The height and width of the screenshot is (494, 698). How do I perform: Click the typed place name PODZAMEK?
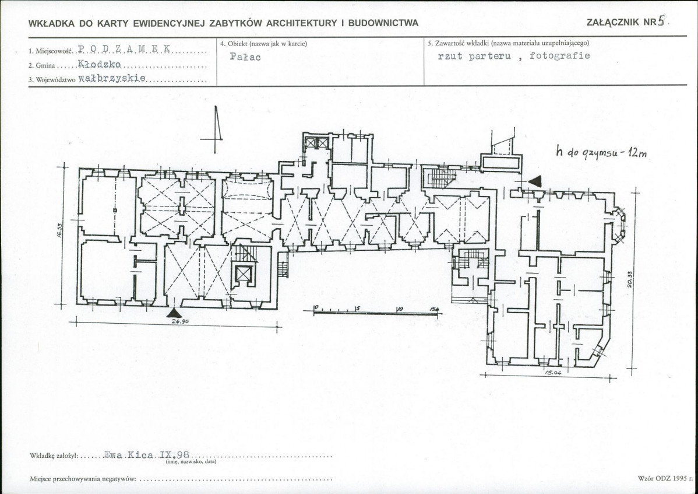click(124, 49)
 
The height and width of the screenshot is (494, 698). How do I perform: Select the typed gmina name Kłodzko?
click(99, 64)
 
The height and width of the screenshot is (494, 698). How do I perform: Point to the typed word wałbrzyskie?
click(112, 78)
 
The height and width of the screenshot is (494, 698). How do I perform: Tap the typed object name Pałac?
click(245, 57)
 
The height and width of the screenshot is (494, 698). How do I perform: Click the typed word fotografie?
click(559, 55)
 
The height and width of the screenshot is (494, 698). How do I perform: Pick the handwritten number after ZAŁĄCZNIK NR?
click(661, 20)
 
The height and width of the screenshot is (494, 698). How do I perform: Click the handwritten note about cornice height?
click(601, 152)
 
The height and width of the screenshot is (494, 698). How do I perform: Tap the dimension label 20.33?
click(630, 279)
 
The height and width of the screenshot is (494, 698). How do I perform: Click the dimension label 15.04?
click(553, 372)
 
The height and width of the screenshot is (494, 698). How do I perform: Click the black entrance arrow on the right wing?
click(535, 181)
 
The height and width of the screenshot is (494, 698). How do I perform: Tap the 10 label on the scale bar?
click(399, 309)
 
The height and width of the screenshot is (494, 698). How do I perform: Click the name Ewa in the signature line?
click(114, 456)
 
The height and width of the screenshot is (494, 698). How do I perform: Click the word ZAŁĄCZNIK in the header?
click(613, 22)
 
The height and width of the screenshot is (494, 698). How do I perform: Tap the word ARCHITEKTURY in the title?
click(302, 23)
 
